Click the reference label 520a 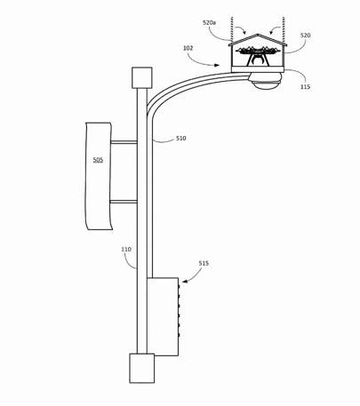(209, 22)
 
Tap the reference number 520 (306, 36)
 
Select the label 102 (188, 48)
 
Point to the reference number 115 (305, 86)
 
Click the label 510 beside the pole (181, 138)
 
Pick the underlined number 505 (98, 160)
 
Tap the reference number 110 (126, 250)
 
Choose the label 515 (204, 263)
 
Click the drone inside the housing (258, 56)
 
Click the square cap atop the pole (142, 77)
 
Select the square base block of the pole (142, 368)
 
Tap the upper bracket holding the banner (124, 142)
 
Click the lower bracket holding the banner (124, 202)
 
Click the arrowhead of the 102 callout (218, 65)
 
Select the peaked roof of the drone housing (258, 40)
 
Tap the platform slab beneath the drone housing (258, 69)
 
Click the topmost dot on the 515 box (179, 287)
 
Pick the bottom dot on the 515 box (179, 335)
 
